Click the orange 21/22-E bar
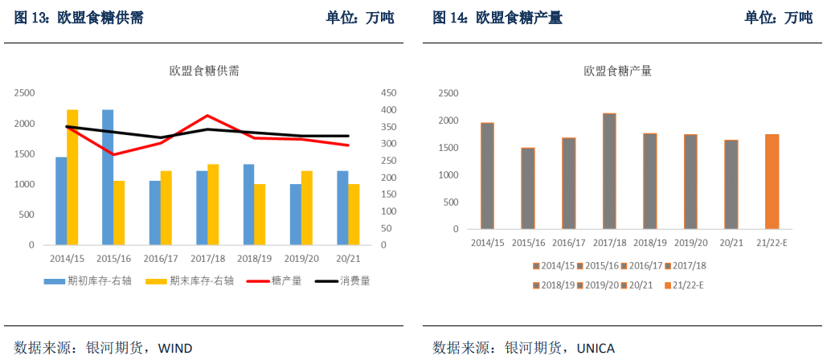(772, 182)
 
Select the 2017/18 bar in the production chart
(609, 171)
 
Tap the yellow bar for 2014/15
(72, 177)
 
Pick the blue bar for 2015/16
(108, 177)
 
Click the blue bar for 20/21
(342, 207)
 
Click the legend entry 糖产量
(274, 281)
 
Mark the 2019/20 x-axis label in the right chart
(690, 243)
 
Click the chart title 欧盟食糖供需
(204, 71)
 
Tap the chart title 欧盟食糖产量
(617, 71)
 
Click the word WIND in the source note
(175, 348)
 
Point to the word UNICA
(596, 348)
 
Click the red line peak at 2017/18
(207, 116)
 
